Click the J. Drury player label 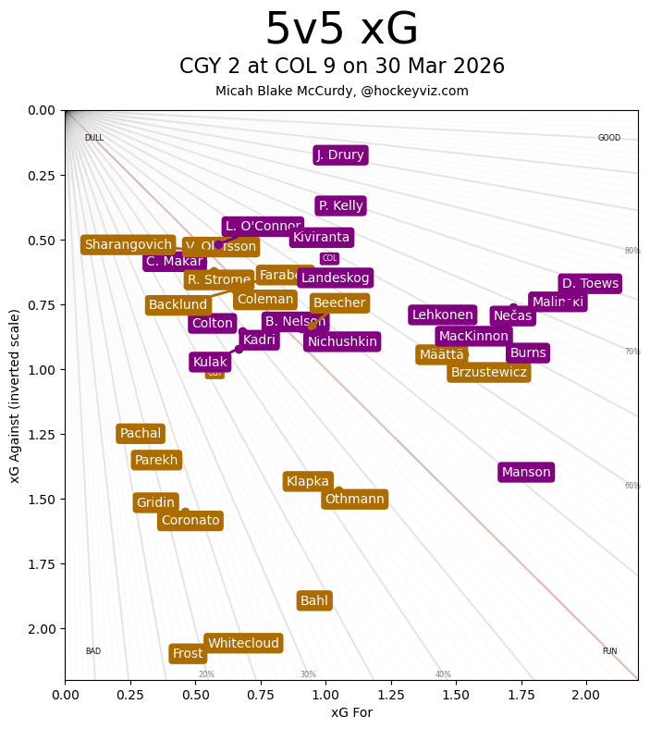(x=340, y=155)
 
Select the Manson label (x=526, y=473)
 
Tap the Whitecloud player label (x=243, y=644)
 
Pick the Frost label (x=188, y=654)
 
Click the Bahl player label (x=314, y=601)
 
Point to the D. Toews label (x=590, y=284)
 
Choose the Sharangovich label (x=128, y=245)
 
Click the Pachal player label (x=141, y=434)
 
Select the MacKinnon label (x=473, y=337)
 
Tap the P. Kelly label (x=340, y=206)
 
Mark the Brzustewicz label (x=488, y=373)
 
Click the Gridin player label (x=155, y=503)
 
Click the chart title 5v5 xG (x=341, y=30)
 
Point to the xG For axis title (x=351, y=712)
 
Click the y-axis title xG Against (x=15, y=396)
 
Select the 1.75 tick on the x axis (x=521, y=693)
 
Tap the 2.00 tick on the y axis (x=42, y=629)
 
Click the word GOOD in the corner (x=609, y=139)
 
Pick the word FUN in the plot (x=609, y=651)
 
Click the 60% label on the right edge (x=632, y=486)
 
